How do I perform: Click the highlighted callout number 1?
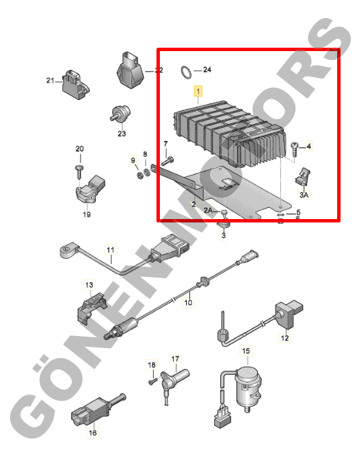[x=198, y=91]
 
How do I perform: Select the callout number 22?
[x=159, y=71]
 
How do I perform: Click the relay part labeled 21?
[x=75, y=84]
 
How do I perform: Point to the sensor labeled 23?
[x=121, y=114]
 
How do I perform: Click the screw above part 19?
[x=79, y=173]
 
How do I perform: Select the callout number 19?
[x=87, y=214]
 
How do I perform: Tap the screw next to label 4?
[x=294, y=150]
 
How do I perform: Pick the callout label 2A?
[x=208, y=210]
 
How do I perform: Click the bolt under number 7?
[x=167, y=161]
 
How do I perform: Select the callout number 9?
[x=133, y=161]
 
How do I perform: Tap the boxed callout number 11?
[x=110, y=250]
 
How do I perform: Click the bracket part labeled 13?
[x=91, y=308]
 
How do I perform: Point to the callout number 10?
[x=188, y=302]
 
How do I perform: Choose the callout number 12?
[x=285, y=338]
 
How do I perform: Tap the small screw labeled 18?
[x=152, y=381]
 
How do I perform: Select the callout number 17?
[x=175, y=359]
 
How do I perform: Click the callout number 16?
[x=93, y=432]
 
